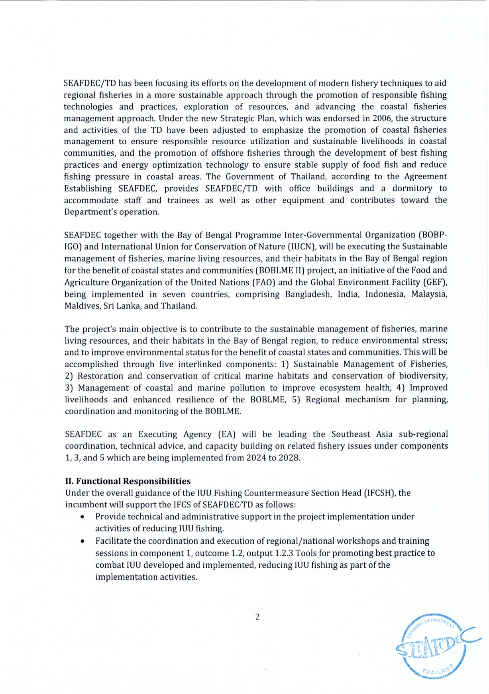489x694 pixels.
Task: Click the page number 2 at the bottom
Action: point(257,617)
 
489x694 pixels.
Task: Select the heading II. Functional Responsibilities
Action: point(128,481)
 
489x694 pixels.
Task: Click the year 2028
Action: point(288,458)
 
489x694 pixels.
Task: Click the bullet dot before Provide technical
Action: point(82,517)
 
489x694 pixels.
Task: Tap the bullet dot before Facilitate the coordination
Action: point(82,541)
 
